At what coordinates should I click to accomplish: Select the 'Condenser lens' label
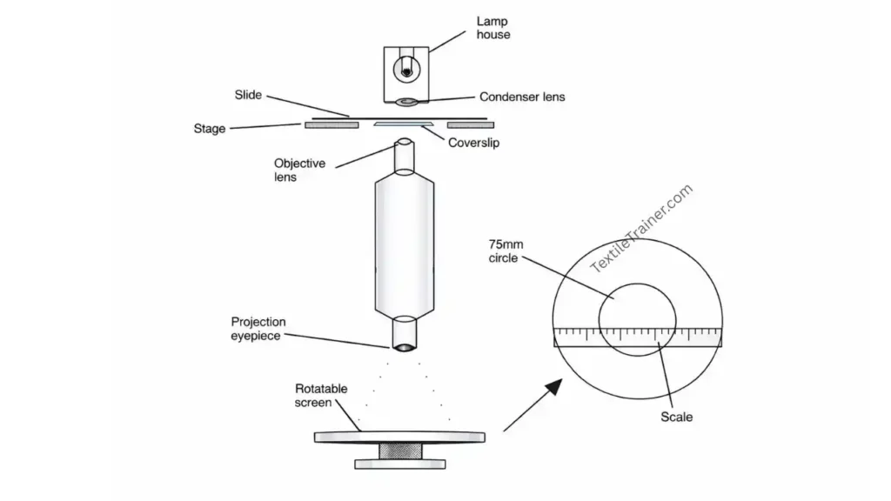[x=522, y=97]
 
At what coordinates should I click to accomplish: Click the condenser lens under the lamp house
[x=406, y=104]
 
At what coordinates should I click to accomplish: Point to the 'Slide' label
[x=248, y=94]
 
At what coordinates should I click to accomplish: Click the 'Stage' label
[x=209, y=129]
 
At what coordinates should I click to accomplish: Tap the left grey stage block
[x=331, y=125]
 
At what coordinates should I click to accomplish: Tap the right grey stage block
[x=470, y=125]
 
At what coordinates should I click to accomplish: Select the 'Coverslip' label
[x=473, y=143]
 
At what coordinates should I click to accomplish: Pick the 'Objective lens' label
[x=299, y=170]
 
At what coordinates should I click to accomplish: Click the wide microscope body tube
[x=405, y=248]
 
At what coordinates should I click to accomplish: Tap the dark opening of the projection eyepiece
[x=405, y=349]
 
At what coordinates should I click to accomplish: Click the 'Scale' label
[x=676, y=417]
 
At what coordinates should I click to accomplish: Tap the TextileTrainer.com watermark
[x=642, y=229]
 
